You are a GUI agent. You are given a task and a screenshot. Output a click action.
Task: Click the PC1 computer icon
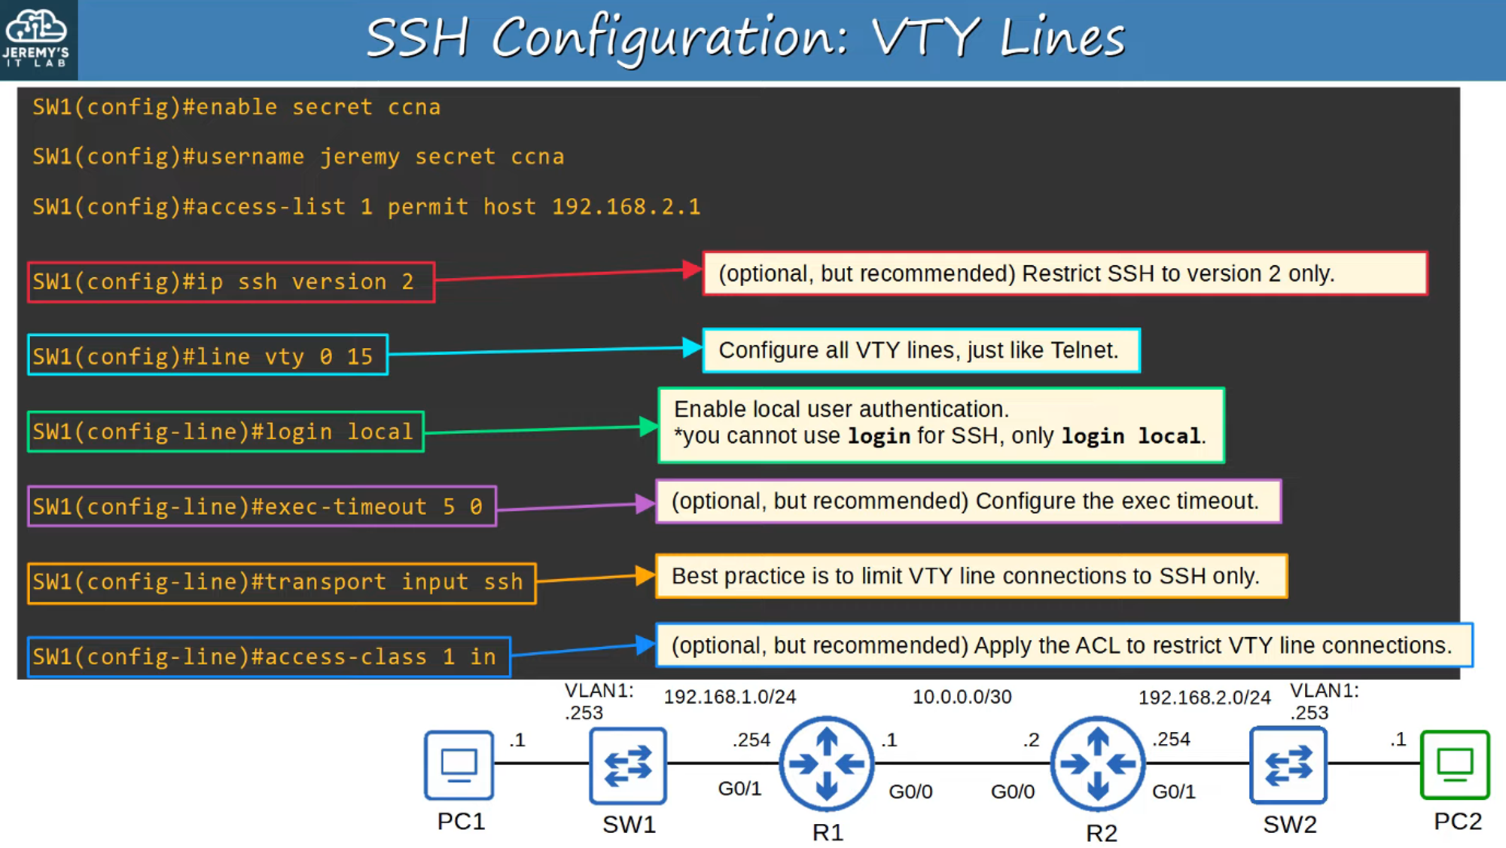pyautogui.click(x=459, y=765)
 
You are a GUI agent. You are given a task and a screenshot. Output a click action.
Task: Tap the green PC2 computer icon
pyautogui.click(x=1455, y=764)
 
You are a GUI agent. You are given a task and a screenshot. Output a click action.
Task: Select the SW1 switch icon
pyautogui.click(x=627, y=765)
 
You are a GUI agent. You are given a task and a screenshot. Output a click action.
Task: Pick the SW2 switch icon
pyautogui.click(x=1288, y=765)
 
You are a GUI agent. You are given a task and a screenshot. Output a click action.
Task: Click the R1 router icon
pyautogui.click(x=827, y=764)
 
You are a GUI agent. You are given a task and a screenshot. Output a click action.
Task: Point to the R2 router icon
pyautogui.click(x=1098, y=764)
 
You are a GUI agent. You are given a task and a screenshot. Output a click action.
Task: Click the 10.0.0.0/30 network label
pyautogui.click(x=962, y=697)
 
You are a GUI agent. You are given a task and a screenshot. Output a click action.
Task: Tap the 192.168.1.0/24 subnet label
pyautogui.click(x=729, y=697)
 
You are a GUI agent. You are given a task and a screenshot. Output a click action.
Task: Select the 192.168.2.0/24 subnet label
pyautogui.click(x=1204, y=698)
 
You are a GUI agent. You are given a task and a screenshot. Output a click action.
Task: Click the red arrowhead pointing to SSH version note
pyautogui.click(x=692, y=270)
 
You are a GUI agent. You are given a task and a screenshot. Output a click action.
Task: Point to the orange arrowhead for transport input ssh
pyautogui.click(x=645, y=576)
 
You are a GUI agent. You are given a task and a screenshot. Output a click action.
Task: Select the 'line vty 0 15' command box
pyautogui.click(x=208, y=355)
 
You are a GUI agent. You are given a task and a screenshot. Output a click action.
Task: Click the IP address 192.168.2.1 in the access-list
pyautogui.click(x=626, y=207)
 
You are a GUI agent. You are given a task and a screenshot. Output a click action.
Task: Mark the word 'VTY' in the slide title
pyautogui.click(x=926, y=38)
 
